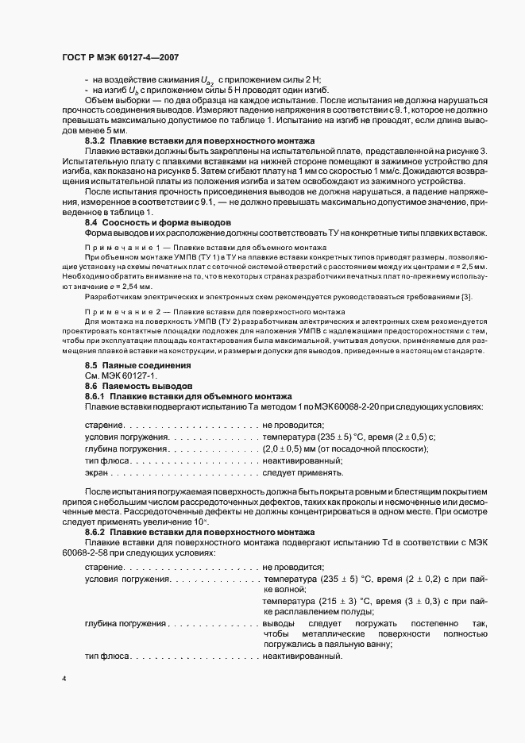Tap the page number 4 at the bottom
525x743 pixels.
pos(64,680)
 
